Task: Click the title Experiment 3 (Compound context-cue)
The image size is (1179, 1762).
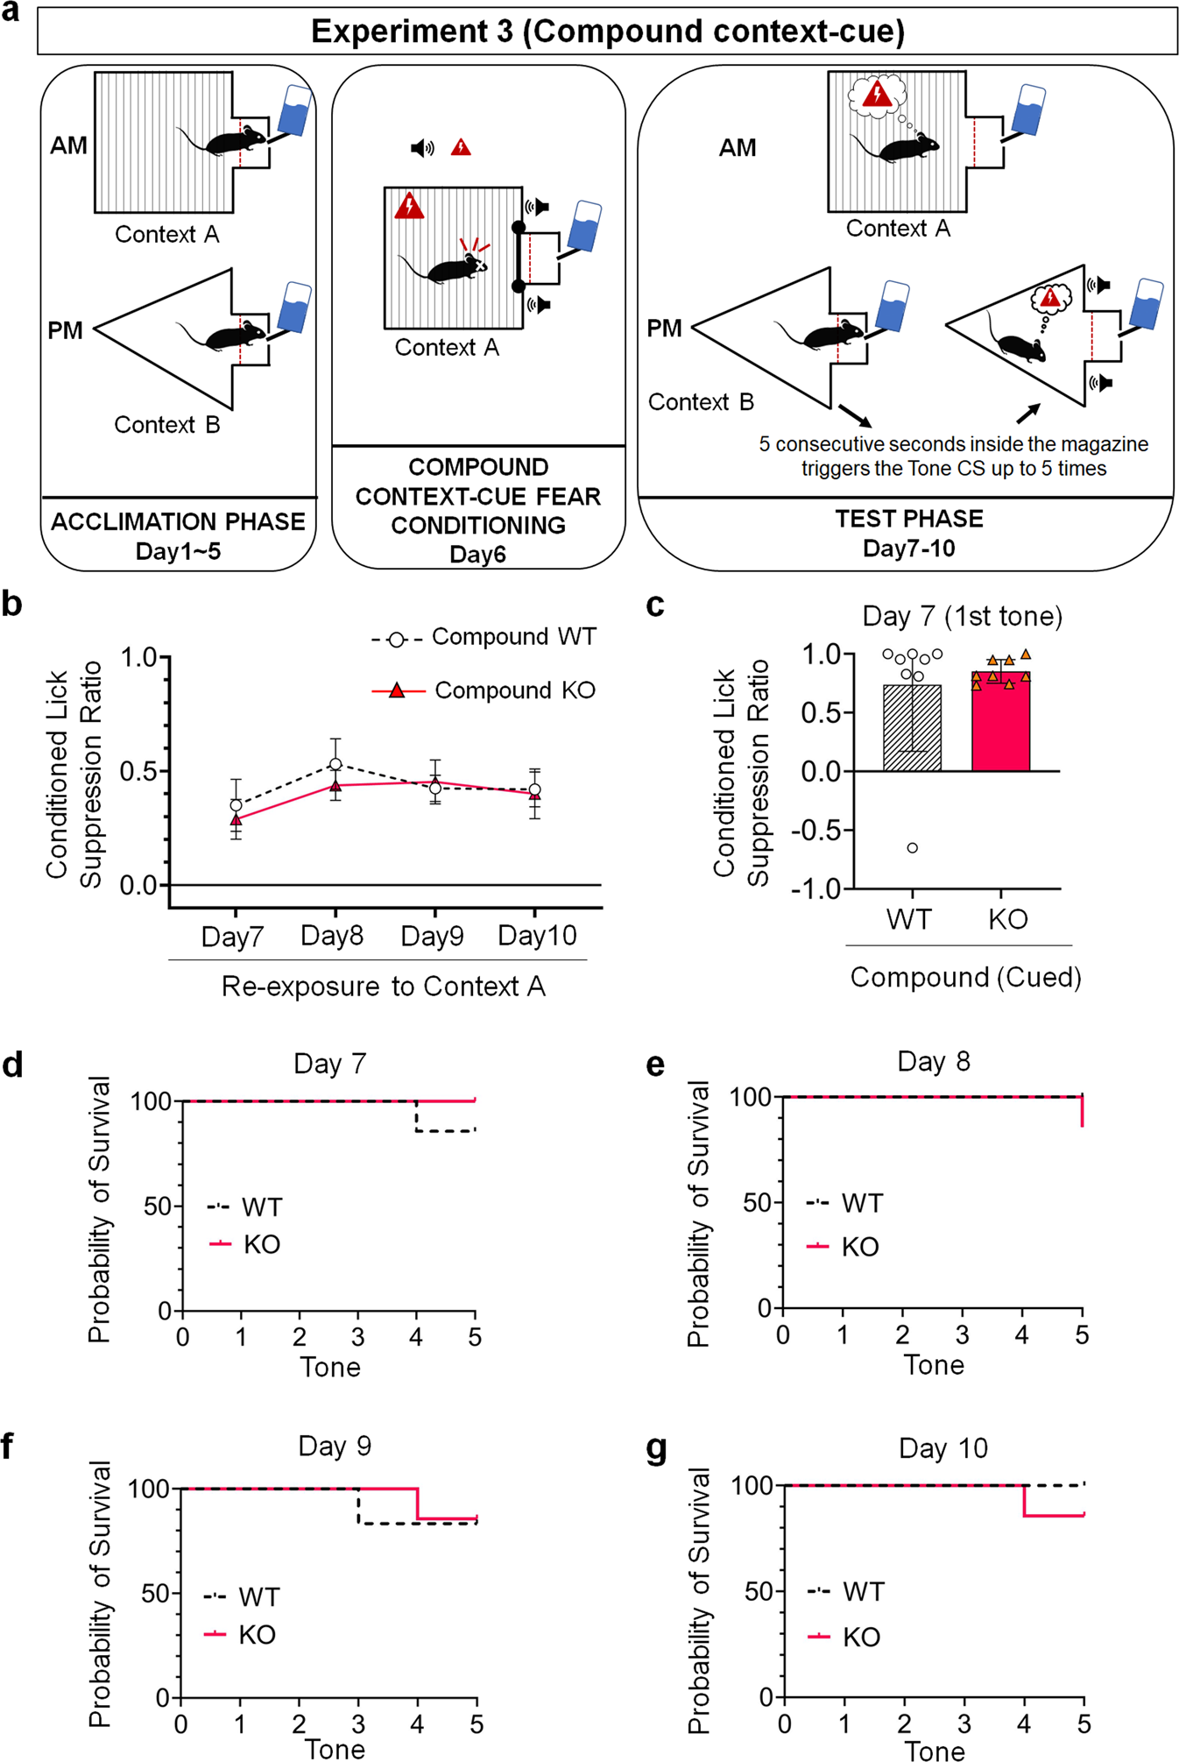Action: [607, 32]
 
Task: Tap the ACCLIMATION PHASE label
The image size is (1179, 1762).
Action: [178, 521]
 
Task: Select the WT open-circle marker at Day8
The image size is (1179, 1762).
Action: [335, 764]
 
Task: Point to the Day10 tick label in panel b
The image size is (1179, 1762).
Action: [537, 936]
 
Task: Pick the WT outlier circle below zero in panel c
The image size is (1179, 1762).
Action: [913, 847]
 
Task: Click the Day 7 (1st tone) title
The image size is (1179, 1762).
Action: [962, 616]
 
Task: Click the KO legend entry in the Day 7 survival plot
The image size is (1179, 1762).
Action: [245, 1244]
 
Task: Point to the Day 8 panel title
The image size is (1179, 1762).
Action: [934, 1062]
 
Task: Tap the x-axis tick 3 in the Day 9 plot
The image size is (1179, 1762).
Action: [358, 1724]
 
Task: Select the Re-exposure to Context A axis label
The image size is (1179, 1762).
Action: [383, 987]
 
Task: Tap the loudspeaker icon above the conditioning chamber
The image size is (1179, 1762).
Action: [422, 148]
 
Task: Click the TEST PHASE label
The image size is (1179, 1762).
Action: [908, 519]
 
